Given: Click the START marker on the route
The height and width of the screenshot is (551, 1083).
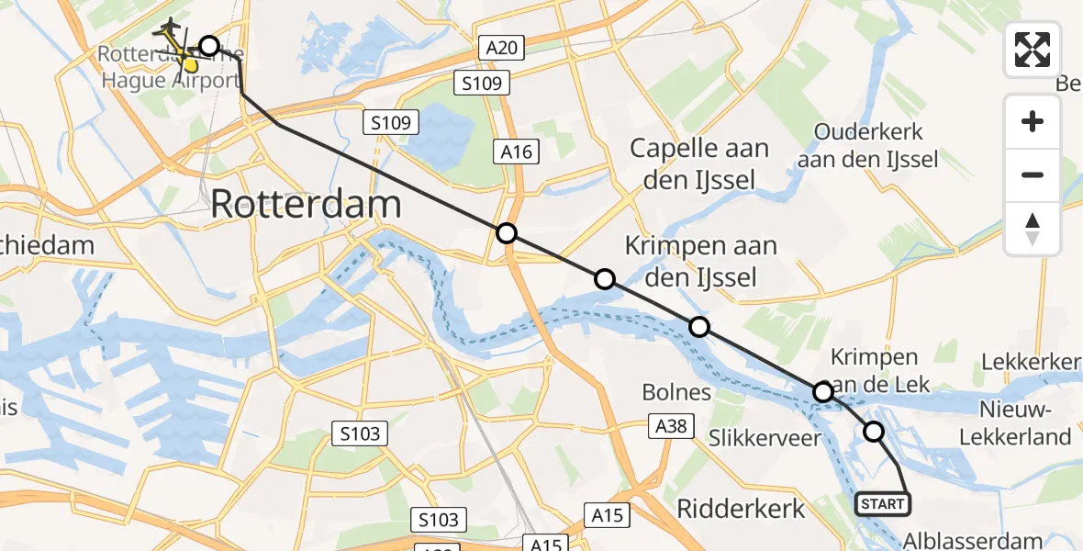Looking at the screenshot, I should click(x=883, y=503).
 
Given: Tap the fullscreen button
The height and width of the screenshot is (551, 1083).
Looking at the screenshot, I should click(x=1033, y=50).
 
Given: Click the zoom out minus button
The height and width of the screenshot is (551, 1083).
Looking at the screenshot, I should click(x=1033, y=174).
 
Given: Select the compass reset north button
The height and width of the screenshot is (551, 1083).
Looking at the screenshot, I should click(x=1033, y=229).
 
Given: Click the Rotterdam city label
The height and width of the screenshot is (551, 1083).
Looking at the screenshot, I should click(x=306, y=204).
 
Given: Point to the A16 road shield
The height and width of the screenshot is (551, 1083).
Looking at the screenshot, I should click(x=517, y=152).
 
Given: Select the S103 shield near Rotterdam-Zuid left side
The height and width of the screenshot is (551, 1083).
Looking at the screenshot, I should click(x=361, y=433).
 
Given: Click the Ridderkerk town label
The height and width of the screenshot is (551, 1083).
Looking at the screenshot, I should click(x=741, y=508).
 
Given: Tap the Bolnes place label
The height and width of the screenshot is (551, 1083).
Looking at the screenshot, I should click(x=677, y=392).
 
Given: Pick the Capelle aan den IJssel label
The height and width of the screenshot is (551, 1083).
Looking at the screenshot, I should click(x=699, y=163).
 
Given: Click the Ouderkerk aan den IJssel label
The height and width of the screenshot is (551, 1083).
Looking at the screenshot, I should click(x=867, y=145).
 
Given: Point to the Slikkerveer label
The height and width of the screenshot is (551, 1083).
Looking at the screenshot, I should click(x=765, y=438).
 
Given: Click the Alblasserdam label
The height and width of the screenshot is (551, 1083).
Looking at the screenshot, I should click(x=973, y=540).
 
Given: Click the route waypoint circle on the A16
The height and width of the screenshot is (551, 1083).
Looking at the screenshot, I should click(x=507, y=233).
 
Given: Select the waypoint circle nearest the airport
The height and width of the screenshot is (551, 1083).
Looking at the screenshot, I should click(x=209, y=46).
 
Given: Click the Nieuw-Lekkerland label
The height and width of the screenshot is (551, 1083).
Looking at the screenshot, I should click(x=1015, y=422).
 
